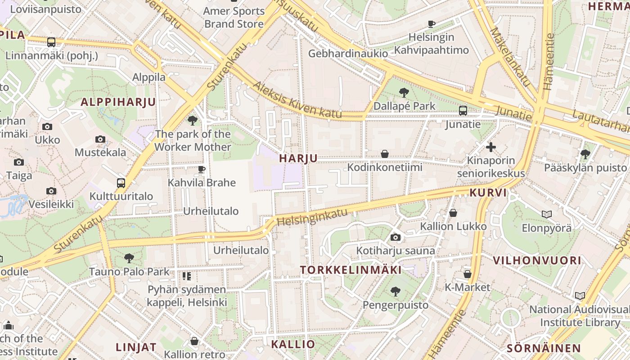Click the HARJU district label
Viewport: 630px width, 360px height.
(298, 158)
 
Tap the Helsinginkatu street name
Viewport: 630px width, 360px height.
(312, 217)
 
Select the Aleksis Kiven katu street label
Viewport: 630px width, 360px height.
(297, 100)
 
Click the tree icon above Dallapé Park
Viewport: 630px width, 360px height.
(404, 93)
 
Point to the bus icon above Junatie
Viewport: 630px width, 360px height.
(463, 111)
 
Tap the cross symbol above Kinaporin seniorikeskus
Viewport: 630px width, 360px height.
(491, 147)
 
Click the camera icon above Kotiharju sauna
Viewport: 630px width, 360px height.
(396, 237)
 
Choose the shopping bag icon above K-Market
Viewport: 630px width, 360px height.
(468, 274)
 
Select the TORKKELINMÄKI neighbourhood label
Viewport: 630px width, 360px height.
(351, 270)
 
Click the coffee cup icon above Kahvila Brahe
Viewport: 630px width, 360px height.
(201, 169)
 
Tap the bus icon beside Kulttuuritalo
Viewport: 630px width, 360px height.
(121, 183)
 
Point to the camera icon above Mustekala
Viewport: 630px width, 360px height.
(100, 139)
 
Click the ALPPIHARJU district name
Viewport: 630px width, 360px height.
(118, 102)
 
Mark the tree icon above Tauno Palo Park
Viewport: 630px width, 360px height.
(129, 258)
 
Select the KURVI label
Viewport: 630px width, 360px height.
(488, 193)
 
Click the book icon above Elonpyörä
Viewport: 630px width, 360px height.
(546, 215)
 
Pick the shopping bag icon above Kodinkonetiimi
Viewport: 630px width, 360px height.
(385, 154)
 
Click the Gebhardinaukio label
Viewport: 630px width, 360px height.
(348, 54)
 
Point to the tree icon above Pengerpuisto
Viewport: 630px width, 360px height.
(396, 292)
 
